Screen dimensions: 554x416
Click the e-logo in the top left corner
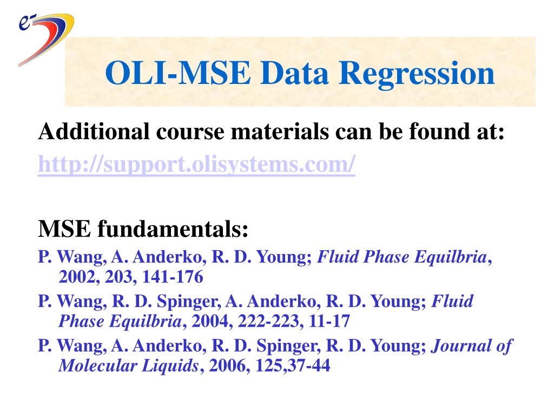tap(46, 39)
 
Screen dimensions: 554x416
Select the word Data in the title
tap(294, 73)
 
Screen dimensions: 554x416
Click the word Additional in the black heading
tap(94, 131)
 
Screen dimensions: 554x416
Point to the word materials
tap(280, 131)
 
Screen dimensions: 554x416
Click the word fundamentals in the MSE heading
tap(173, 229)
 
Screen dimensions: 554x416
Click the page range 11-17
tap(329, 321)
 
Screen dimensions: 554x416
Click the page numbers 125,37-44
tap(293, 366)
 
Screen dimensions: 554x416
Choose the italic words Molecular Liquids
tap(129, 366)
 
